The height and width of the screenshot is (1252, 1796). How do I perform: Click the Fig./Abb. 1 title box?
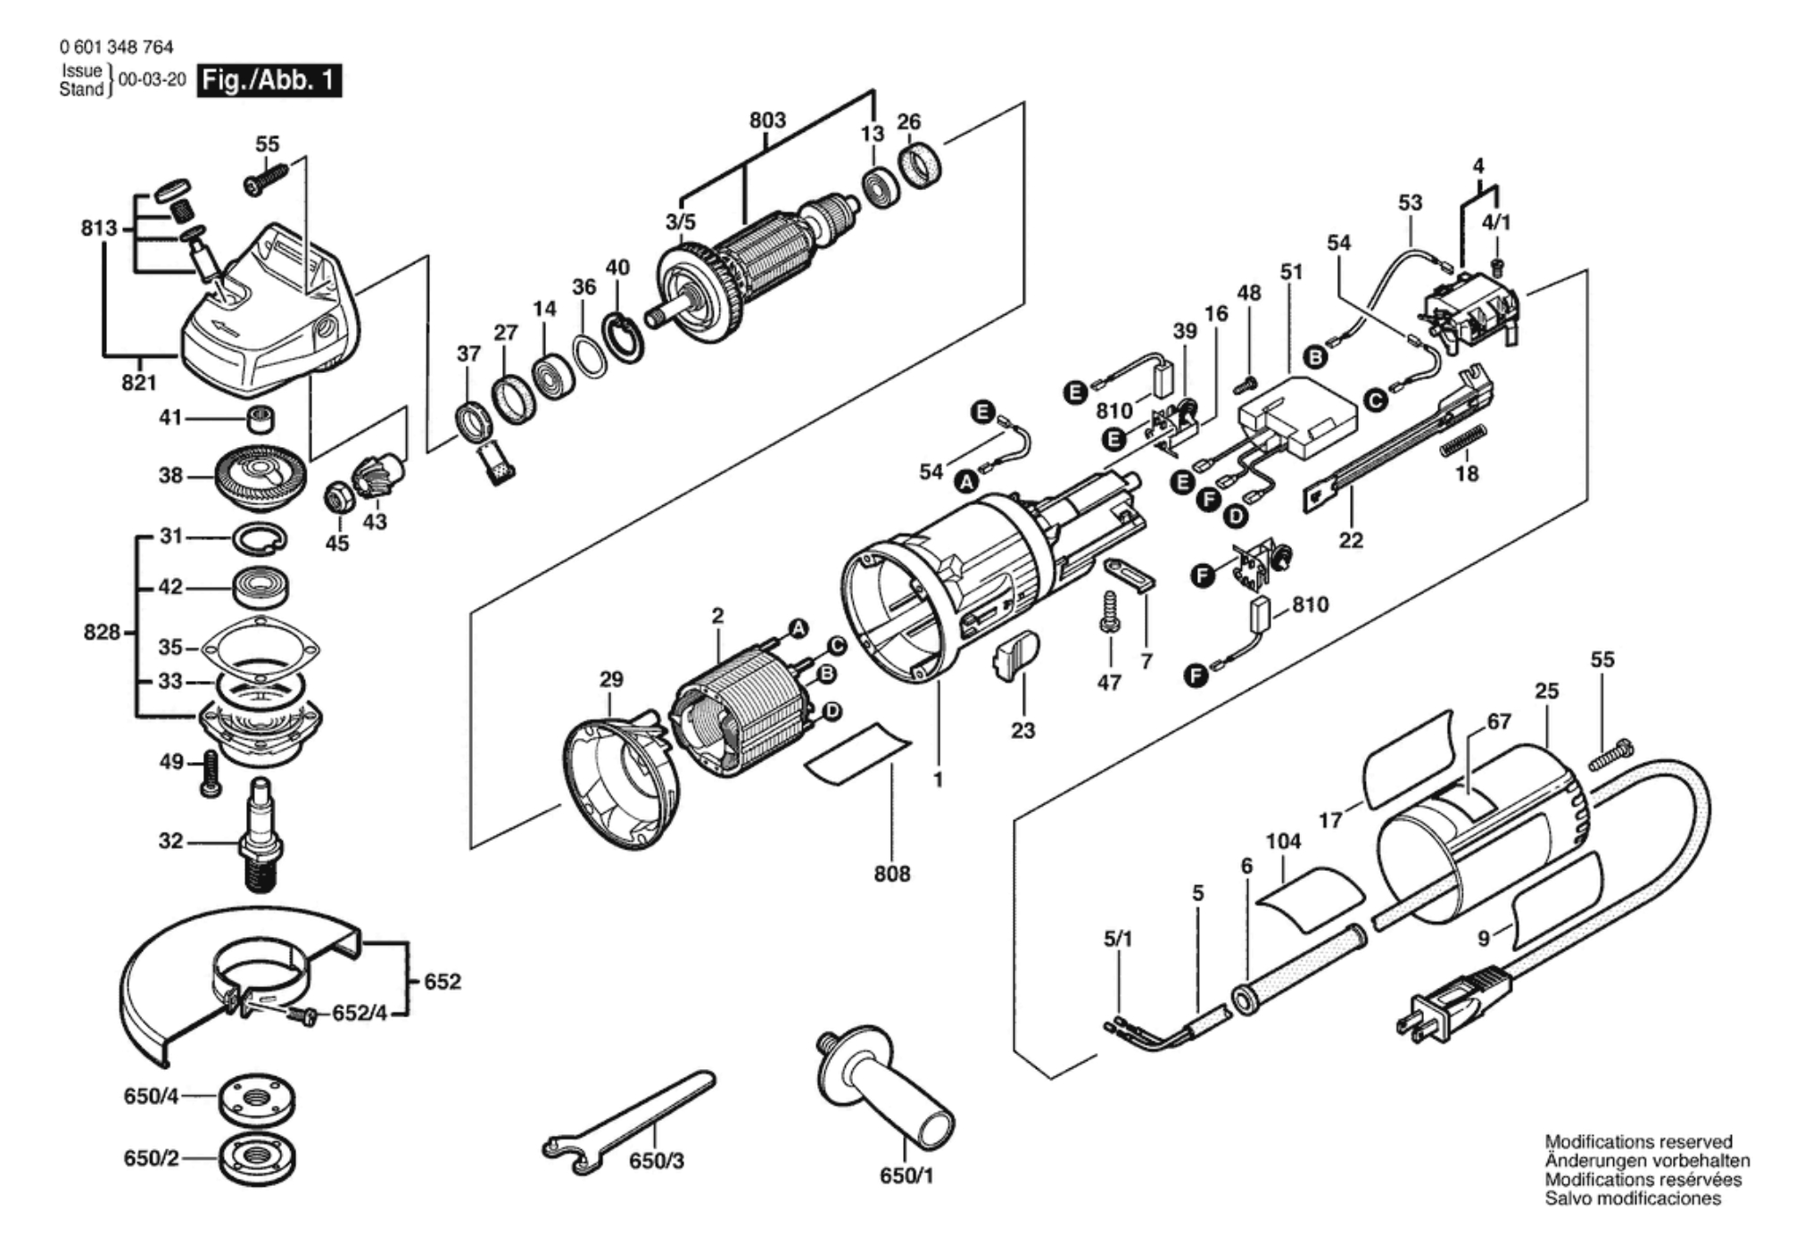point(269,81)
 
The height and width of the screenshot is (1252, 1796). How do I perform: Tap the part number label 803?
point(767,120)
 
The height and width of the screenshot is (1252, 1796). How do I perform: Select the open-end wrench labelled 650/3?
point(625,1115)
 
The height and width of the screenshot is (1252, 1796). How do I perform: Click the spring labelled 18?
point(1465,440)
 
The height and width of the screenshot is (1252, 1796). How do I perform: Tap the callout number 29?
point(611,680)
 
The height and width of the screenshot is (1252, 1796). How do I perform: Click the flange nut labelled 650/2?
point(257,1158)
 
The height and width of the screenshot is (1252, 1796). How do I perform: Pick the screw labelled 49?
point(211,773)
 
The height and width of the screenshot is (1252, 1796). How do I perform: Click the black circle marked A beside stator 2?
point(799,628)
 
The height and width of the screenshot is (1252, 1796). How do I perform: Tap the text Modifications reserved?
point(1638,1142)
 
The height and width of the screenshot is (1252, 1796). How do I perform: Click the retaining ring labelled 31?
point(260,537)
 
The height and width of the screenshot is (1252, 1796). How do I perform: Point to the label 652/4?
point(360,1014)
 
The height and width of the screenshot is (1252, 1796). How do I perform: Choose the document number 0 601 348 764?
point(116,47)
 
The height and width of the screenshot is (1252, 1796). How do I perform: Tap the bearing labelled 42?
point(261,587)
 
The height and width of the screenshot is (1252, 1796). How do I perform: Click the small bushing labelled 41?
point(260,418)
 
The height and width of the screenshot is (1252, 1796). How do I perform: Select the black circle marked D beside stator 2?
point(832,711)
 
